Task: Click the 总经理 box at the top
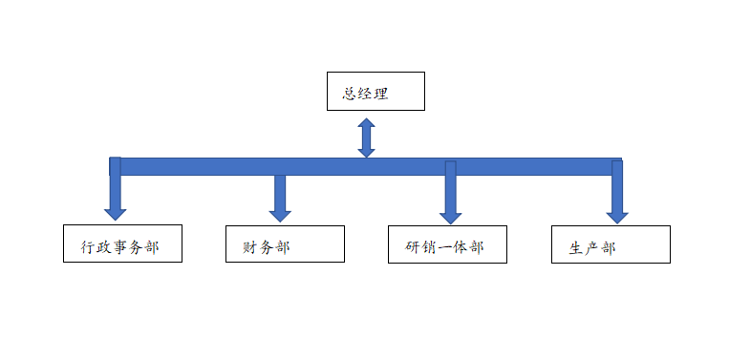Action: tap(375, 91)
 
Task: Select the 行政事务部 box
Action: tap(122, 244)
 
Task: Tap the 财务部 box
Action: tap(285, 244)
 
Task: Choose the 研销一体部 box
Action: tap(447, 244)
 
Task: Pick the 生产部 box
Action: tap(611, 244)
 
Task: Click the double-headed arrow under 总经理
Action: tap(366, 138)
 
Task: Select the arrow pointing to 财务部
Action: tap(280, 198)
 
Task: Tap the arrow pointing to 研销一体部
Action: tap(450, 198)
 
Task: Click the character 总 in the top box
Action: tap(350, 95)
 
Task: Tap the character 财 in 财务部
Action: tap(250, 247)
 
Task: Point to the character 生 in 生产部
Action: tap(577, 248)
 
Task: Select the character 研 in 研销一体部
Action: tap(413, 247)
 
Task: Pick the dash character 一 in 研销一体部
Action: tap(444, 247)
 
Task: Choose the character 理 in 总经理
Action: tap(383, 95)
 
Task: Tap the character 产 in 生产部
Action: tap(592, 248)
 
